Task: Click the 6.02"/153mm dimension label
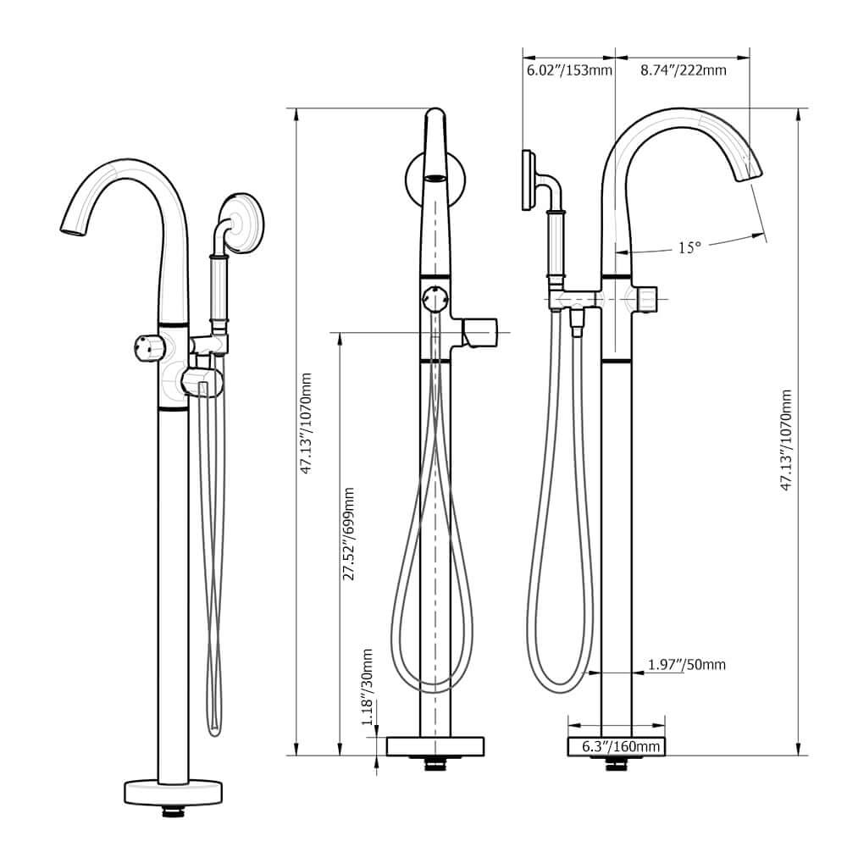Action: [x=568, y=70]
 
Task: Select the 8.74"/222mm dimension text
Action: [x=682, y=70]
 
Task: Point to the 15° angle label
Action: [x=689, y=248]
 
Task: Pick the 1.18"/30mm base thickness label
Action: [x=368, y=687]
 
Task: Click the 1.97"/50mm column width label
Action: [x=687, y=665]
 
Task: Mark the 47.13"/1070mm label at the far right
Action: [x=787, y=440]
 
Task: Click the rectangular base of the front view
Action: [x=435, y=746]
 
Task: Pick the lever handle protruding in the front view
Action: [x=480, y=331]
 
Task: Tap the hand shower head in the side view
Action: [x=529, y=179]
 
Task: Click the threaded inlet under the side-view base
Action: [x=617, y=766]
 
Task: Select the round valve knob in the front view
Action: [x=435, y=298]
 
